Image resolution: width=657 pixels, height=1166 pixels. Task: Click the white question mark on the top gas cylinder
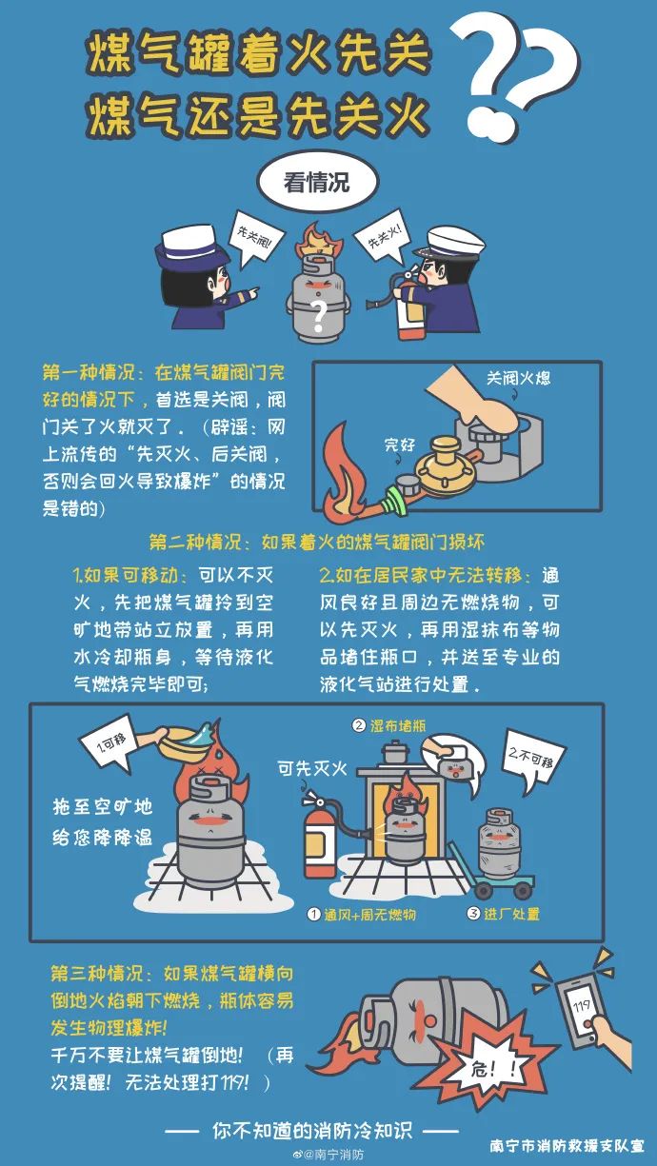320,312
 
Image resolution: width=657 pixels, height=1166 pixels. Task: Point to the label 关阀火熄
518,378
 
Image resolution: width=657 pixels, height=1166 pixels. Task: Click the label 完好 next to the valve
400,444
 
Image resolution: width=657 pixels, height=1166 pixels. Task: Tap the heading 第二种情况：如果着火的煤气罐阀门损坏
317,542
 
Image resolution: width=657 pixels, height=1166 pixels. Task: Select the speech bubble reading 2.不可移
536,762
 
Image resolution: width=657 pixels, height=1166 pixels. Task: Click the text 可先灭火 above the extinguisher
312,766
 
